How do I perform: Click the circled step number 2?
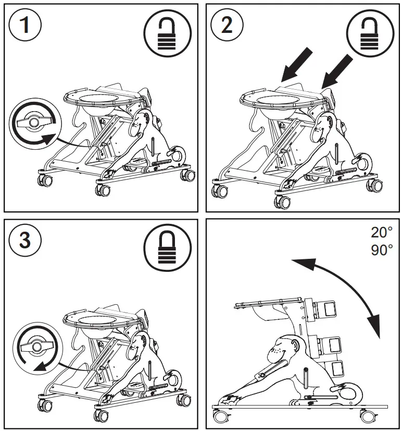(227, 26)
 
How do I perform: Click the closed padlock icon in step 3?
(167, 247)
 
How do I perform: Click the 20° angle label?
(381, 232)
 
